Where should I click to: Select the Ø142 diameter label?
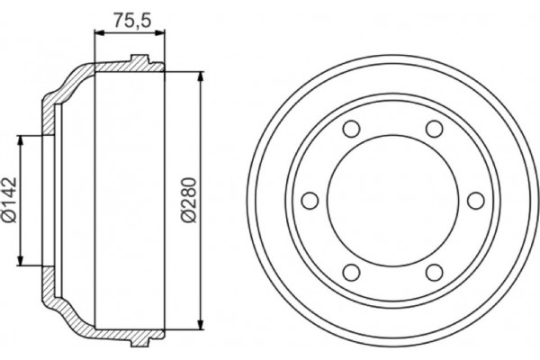10,201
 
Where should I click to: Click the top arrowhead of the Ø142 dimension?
20,138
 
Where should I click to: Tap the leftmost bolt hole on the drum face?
309,200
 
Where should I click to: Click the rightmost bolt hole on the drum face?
473,200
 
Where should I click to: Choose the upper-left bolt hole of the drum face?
350,129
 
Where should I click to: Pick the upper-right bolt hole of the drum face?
433,129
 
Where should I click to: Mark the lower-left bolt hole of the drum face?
350,272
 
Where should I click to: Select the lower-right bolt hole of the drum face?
433,272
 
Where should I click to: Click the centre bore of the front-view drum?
391,200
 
